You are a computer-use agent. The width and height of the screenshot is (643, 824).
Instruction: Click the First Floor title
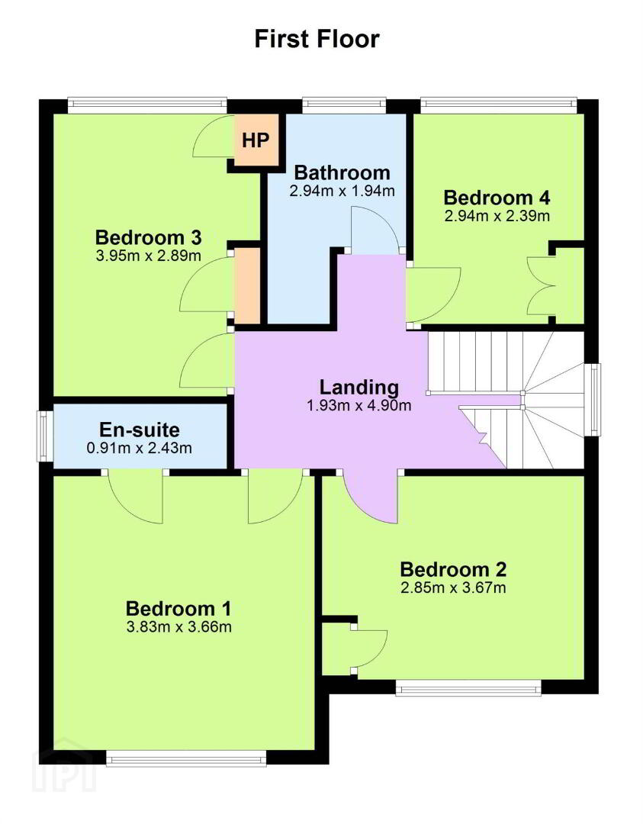(317, 40)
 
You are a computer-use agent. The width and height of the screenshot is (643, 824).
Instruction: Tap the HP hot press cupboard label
(256, 140)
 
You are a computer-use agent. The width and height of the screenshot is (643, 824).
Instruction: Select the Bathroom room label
(342, 172)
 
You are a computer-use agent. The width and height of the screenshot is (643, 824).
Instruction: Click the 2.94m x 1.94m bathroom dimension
(342, 191)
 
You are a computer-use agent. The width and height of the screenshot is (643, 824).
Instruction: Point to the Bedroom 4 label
(497, 198)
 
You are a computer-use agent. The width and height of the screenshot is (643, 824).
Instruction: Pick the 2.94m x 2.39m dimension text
(497, 216)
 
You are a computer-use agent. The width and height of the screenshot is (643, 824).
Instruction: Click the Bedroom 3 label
(149, 237)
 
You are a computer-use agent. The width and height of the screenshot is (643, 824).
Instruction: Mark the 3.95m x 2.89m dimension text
(149, 256)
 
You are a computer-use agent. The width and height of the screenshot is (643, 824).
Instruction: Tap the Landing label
(359, 388)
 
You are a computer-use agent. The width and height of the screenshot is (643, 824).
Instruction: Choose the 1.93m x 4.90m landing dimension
(359, 406)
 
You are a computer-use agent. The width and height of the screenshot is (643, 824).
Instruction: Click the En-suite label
(140, 430)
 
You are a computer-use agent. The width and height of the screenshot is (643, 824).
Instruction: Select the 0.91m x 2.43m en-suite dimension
(140, 449)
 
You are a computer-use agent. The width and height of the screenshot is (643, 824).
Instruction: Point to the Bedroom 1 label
(178, 609)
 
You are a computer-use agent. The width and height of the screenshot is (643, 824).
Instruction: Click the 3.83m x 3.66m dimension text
(179, 627)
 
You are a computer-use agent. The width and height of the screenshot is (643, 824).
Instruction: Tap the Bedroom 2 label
(453, 569)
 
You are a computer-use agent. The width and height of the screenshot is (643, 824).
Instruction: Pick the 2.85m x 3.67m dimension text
(453, 587)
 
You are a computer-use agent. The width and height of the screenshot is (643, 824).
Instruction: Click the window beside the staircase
(595, 399)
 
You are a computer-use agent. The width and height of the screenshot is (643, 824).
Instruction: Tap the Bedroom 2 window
(468, 688)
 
